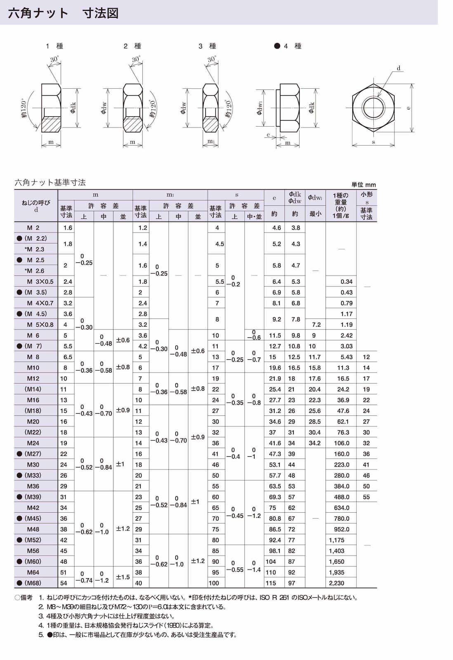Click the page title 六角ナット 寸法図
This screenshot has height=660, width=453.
click(63, 13)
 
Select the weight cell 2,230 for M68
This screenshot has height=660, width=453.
click(336, 583)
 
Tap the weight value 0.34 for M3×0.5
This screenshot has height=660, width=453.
click(346, 282)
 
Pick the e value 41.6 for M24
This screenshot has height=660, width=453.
click(275, 443)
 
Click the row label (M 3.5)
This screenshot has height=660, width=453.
click(35, 292)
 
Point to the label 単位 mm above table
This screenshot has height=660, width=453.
click(363, 185)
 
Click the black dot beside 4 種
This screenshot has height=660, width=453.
click(277, 46)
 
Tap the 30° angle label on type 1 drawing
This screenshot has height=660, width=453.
click(54, 59)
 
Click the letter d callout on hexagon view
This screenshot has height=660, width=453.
click(399, 68)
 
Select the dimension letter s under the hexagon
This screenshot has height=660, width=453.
click(373, 142)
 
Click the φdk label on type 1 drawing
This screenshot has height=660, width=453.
click(73, 108)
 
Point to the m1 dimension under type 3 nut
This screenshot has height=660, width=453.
click(210, 141)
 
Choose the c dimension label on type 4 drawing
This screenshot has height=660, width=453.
click(268, 135)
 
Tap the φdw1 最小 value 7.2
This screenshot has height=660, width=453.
click(316, 325)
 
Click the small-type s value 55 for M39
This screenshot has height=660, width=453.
click(366, 497)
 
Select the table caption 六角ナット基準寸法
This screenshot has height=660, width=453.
click(50, 182)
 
